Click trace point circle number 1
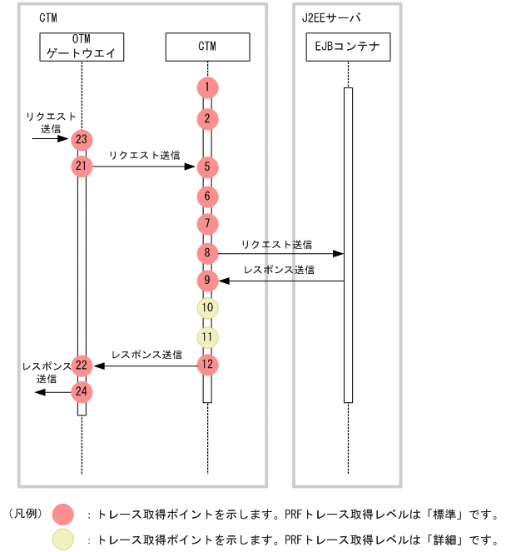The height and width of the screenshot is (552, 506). coord(207,87)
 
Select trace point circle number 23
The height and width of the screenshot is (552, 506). coord(82,140)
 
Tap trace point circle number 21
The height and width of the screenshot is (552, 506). coord(82,167)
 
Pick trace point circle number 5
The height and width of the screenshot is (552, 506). coord(207,167)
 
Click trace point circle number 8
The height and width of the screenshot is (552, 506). coord(207,252)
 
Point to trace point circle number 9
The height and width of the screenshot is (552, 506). coord(207,281)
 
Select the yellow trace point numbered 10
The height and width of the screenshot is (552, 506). coord(207,308)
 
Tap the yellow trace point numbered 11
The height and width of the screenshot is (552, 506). coord(207,337)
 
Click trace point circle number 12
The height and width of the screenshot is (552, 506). coord(207,365)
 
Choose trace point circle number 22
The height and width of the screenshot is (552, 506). coord(82,365)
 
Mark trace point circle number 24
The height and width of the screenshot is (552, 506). coord(82,391)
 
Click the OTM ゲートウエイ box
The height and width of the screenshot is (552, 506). coord(82,47)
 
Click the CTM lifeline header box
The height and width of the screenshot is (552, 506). coord(207,47)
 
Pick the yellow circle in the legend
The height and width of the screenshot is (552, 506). coord(62,540)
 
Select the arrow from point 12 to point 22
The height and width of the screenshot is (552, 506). coord(146,365)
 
